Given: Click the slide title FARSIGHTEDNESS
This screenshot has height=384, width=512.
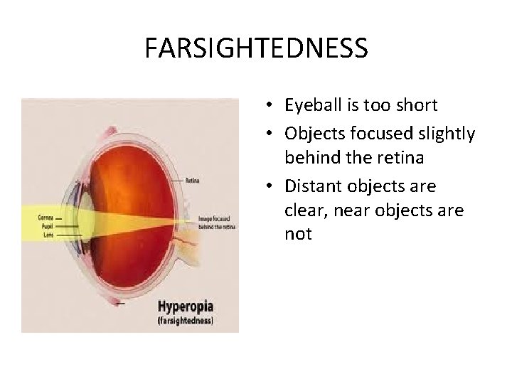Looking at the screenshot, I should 256,48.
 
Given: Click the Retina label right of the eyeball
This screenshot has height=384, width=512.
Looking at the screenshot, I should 192,181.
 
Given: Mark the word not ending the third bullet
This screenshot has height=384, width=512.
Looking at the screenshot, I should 298,234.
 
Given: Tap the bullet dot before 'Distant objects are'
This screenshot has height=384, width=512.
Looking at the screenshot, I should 273,186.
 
